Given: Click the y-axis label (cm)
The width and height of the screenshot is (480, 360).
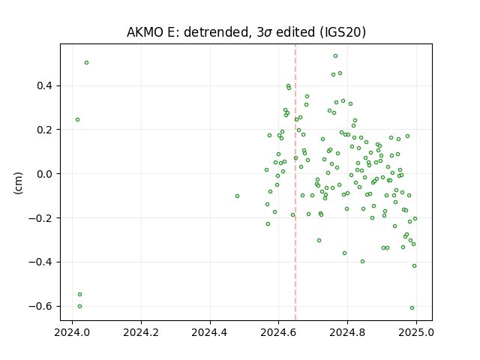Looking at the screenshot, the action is coord(18,183).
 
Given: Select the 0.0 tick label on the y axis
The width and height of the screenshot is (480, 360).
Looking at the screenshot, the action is coord(44,174).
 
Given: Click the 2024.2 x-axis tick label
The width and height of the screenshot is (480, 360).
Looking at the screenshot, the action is coord(141,332).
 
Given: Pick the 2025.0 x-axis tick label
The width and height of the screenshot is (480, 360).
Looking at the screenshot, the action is coord(416,332).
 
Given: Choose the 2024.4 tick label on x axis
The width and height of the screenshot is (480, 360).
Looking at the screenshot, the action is coord(210,332).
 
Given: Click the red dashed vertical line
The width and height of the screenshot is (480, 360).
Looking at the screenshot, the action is coord(295,182).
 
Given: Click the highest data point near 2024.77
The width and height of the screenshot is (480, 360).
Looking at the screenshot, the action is coord(335,56).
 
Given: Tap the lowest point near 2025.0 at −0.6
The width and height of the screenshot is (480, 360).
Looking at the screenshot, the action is coord(412,308).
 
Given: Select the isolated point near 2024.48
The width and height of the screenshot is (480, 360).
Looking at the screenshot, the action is coord(237,196).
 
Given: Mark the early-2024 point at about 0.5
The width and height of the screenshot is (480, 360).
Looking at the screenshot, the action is coord(87,63).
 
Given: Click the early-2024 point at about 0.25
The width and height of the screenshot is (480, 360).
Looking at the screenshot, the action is coord(77,120).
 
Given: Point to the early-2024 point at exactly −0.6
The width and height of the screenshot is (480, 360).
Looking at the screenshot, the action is coord(80,307).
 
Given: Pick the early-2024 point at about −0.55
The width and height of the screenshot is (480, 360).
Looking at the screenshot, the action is coord(80,295).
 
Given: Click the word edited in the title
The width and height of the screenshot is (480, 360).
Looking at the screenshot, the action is coord(295,32).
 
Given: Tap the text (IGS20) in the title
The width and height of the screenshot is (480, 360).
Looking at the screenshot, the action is coord(343,32).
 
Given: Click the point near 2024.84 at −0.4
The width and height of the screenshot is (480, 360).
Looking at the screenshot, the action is coord(362,262).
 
